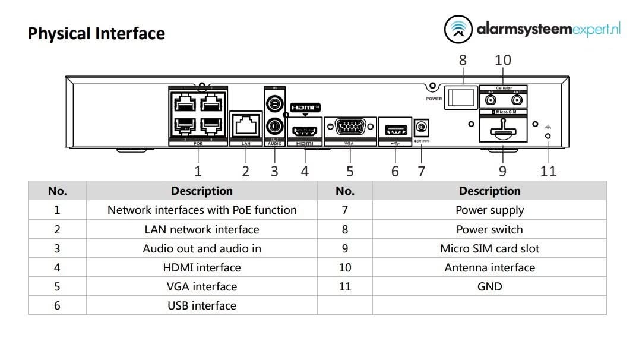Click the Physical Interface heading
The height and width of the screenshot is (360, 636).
[96, 33]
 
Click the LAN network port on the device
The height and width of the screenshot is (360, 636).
[245, 126]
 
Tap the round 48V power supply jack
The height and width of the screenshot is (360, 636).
[421, 127]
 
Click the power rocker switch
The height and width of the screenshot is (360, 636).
[462, 97]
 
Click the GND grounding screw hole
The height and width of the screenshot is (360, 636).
[548, 136]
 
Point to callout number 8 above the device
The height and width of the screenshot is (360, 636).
[463, 60]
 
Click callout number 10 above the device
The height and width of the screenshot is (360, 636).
[502, 60]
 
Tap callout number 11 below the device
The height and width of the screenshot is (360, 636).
[548, 171]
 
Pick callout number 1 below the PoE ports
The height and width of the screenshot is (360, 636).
[198, 171]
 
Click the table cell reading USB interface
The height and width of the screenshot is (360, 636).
[201, 305]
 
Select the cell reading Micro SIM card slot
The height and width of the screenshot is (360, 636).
[489, 248]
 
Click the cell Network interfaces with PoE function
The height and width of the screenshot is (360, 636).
[201, 210]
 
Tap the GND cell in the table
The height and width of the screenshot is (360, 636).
[489, 286]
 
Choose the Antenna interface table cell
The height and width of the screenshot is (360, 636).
[489, 267]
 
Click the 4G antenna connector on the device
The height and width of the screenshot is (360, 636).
[491, 100]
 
